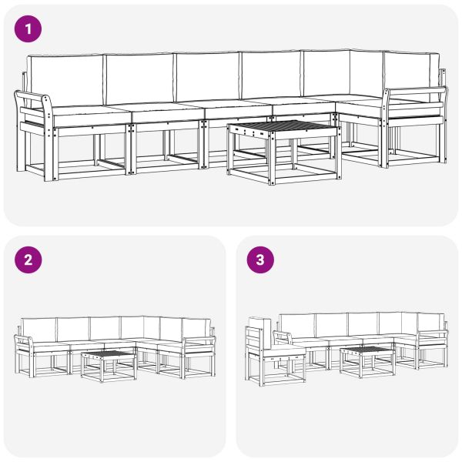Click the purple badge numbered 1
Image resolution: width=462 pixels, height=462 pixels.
point(28,30)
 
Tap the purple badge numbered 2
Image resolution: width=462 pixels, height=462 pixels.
point(28,260)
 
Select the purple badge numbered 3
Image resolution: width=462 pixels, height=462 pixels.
point(259,260)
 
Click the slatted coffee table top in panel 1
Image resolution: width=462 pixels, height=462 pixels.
point(283,128)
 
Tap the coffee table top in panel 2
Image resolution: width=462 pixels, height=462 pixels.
point(108,355)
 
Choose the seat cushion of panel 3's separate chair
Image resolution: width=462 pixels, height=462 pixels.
point(286,350)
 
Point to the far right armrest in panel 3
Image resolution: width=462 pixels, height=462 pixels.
point(434,335)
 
